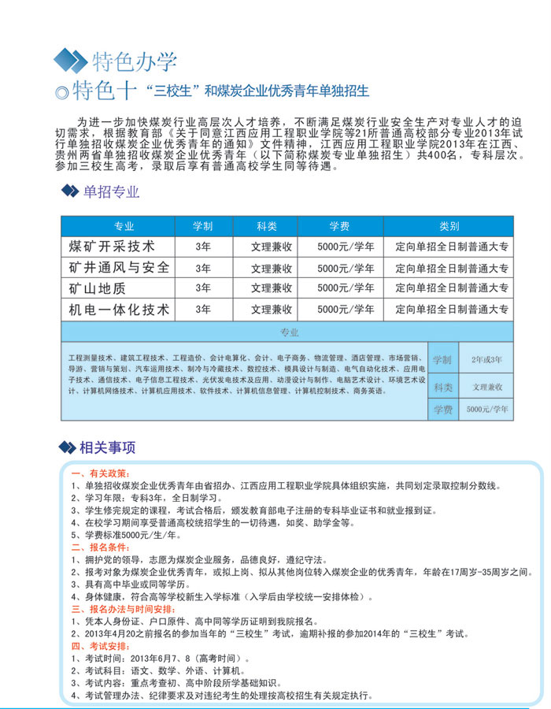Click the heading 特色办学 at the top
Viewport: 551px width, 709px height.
(x=135, y=61)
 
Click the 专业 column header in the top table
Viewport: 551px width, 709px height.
(x=124, y=226)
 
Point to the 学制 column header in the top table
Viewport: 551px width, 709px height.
(x=203, y=226)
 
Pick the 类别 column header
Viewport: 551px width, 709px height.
(x=449, y=226)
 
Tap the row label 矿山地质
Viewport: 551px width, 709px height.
(x=98, y=288)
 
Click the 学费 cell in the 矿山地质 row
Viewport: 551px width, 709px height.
(x=345, y=288)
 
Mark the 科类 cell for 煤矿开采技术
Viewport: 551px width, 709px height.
(x=272, y=247)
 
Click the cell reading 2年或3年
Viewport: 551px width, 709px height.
(x=486, y=359)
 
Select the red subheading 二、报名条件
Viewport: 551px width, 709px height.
(x=99, y=547)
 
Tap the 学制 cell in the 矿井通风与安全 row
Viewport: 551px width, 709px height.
(x=203, y=268)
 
